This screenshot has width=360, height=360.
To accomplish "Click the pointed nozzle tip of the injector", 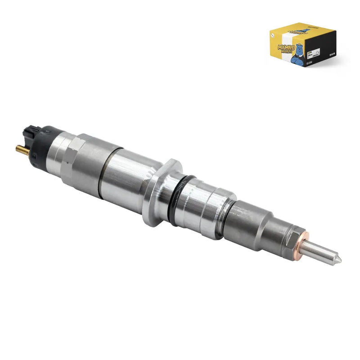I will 338,260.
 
